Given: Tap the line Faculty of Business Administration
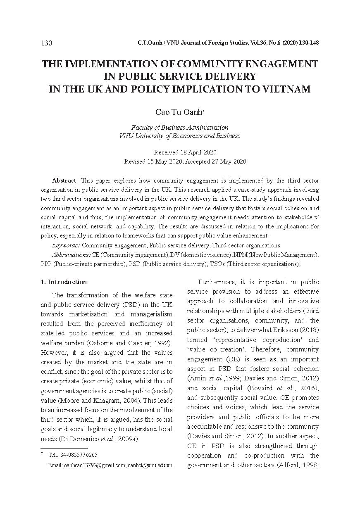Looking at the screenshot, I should tap(179, 128).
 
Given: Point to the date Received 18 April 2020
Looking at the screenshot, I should tap(185, 152).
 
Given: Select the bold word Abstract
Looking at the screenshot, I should tap(64, 180).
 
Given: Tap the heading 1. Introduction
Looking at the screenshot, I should tap(64, 282).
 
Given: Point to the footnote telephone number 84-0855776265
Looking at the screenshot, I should tap(73, 455).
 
